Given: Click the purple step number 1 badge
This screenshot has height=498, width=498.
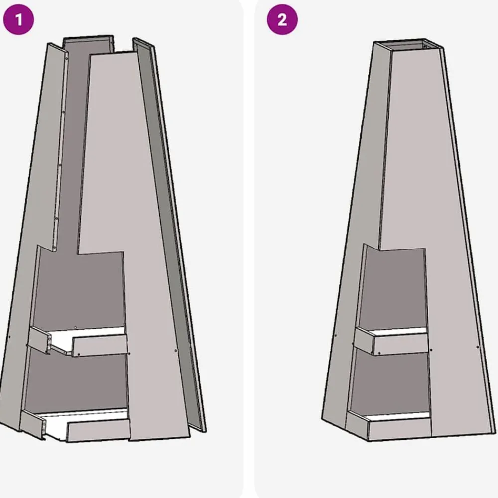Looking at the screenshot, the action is [x=18, y=20].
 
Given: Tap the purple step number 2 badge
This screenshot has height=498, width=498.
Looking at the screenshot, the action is [x=282, y=20].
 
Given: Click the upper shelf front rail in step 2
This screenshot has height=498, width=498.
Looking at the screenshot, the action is [x=401, y=343].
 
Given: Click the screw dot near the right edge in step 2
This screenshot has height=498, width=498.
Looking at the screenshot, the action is [x=478, y=347].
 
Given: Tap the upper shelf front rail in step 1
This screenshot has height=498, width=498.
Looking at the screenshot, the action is [x=100, y=345].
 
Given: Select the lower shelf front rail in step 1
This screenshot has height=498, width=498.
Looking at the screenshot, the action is [x=99, y=430].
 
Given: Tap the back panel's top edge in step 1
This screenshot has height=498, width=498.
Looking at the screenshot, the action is [x=88, y=37].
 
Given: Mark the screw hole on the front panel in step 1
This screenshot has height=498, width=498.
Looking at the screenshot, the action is [x=176, y=351].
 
